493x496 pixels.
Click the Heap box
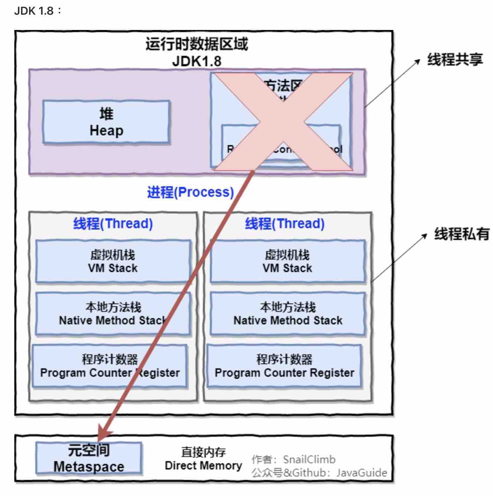point(106,122)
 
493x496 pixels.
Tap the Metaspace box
point(89,458)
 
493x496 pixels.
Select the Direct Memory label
point(203,459)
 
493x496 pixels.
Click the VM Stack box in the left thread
point(113,261)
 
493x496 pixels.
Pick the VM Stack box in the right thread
point(287,261)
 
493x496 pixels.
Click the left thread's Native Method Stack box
point(113,314)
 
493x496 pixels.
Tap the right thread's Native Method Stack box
point(287,314)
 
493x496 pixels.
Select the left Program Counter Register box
point(110,366)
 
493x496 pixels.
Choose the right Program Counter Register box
point(284,366)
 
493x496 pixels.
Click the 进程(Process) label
point(190,192)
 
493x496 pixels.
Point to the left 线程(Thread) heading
point(113,224)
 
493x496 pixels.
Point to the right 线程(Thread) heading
point(285,224)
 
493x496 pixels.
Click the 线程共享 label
point(455,60)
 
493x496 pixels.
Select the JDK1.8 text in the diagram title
point(197,61)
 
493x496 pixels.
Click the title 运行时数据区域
point(197,44)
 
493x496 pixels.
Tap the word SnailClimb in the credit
point(309,459)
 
